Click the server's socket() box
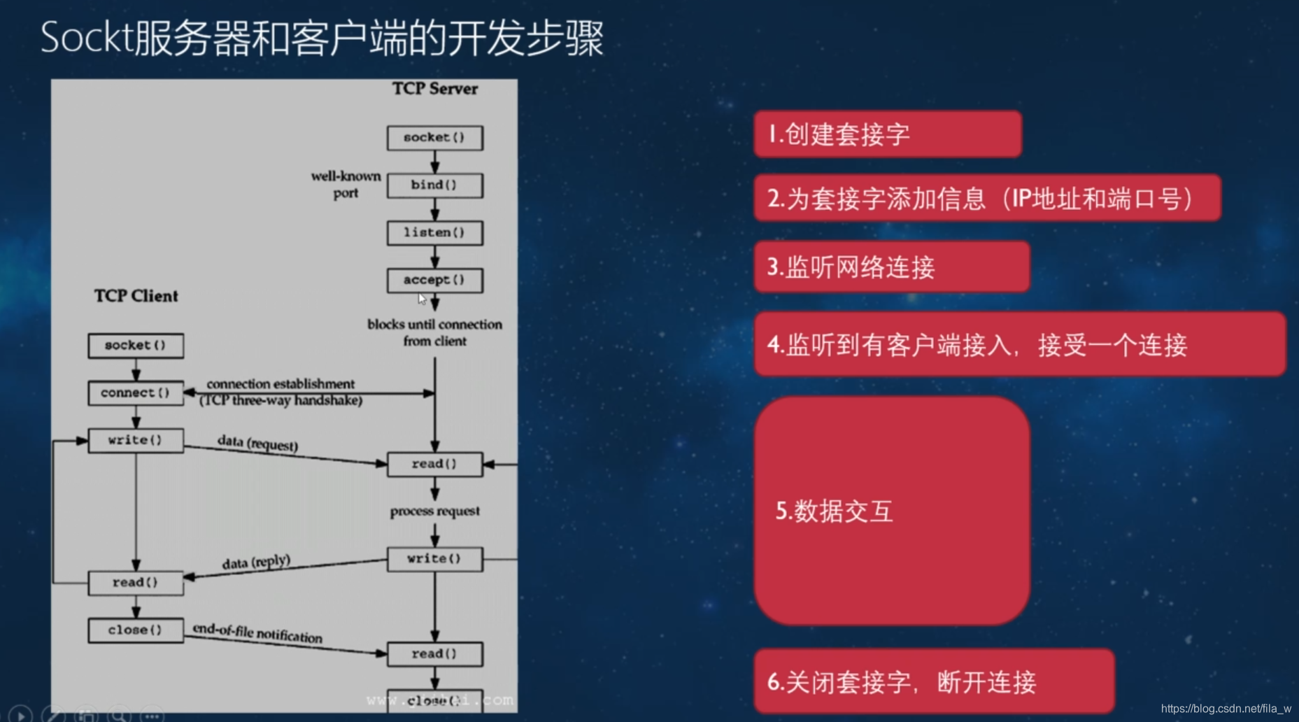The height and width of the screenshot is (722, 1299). tap(434, 138)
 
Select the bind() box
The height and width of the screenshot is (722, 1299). tap(434, 185)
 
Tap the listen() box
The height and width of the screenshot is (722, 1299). tap(434, 233)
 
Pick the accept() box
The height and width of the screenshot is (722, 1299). tap(434, 280)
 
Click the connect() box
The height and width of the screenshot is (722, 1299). tap(136, 393)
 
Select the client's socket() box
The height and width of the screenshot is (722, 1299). tap(136, 346)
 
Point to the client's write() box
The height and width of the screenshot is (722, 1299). tap(136, 441)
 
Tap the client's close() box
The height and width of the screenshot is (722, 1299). tap(136, 630)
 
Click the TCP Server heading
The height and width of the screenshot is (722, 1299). tap(434, 89)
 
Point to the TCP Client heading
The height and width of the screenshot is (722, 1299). tap(136, 296)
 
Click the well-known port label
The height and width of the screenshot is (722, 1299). tap(346, 184)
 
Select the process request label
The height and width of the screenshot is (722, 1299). tap(434, 511)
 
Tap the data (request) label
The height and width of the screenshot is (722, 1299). tap(257, 444)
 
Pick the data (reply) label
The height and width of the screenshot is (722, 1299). tap(256, 562)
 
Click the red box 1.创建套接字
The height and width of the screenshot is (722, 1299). tap(887, 134)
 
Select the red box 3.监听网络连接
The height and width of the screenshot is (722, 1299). tap(891, 267)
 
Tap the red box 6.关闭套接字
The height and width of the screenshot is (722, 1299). tap(933, 681)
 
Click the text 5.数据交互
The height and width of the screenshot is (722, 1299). tap(834, 511)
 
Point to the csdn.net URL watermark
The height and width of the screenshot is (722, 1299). tap(1226, 709)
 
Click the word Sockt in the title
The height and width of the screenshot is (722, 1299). tap(86, 38)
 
